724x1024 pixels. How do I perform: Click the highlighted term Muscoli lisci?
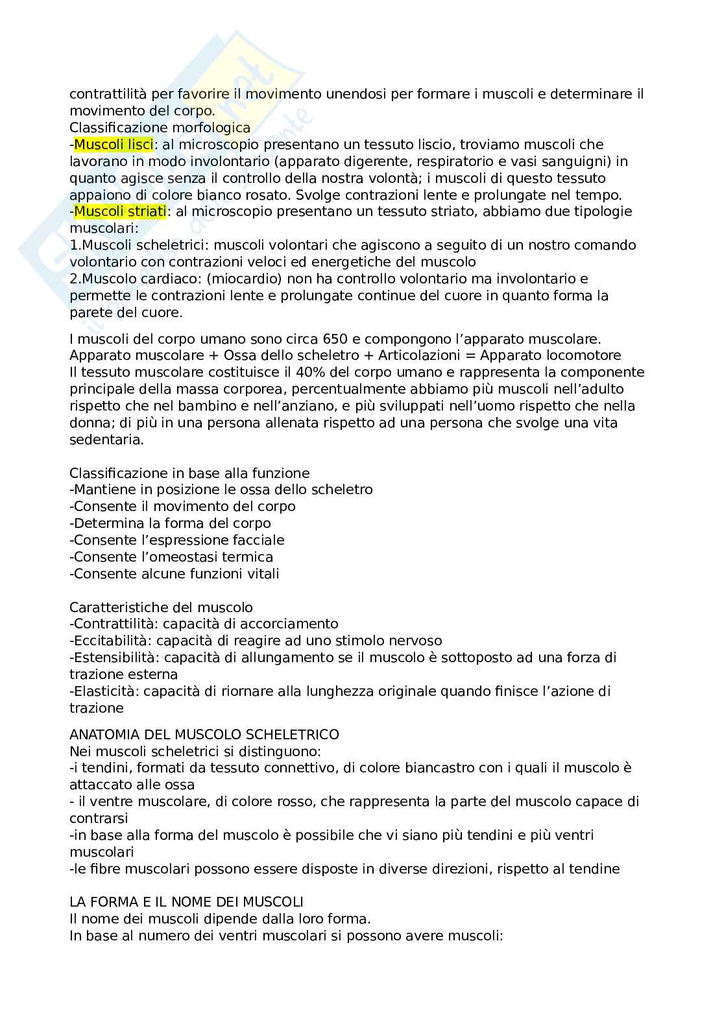pos(114,144)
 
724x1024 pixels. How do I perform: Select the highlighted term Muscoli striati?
pos(120,211)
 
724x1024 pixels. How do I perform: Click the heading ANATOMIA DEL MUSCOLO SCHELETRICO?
pos(204,734)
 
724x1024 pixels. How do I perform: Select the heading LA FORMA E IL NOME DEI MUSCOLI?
pos(186,901)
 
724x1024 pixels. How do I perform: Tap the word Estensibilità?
pos(114,658)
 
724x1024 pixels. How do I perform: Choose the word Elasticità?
pos(104,691)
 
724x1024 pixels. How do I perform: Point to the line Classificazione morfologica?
pos(160,127)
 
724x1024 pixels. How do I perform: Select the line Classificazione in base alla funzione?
pos(189,473)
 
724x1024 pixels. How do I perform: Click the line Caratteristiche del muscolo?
pos(161,608)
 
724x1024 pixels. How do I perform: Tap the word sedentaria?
pos(106,440)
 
